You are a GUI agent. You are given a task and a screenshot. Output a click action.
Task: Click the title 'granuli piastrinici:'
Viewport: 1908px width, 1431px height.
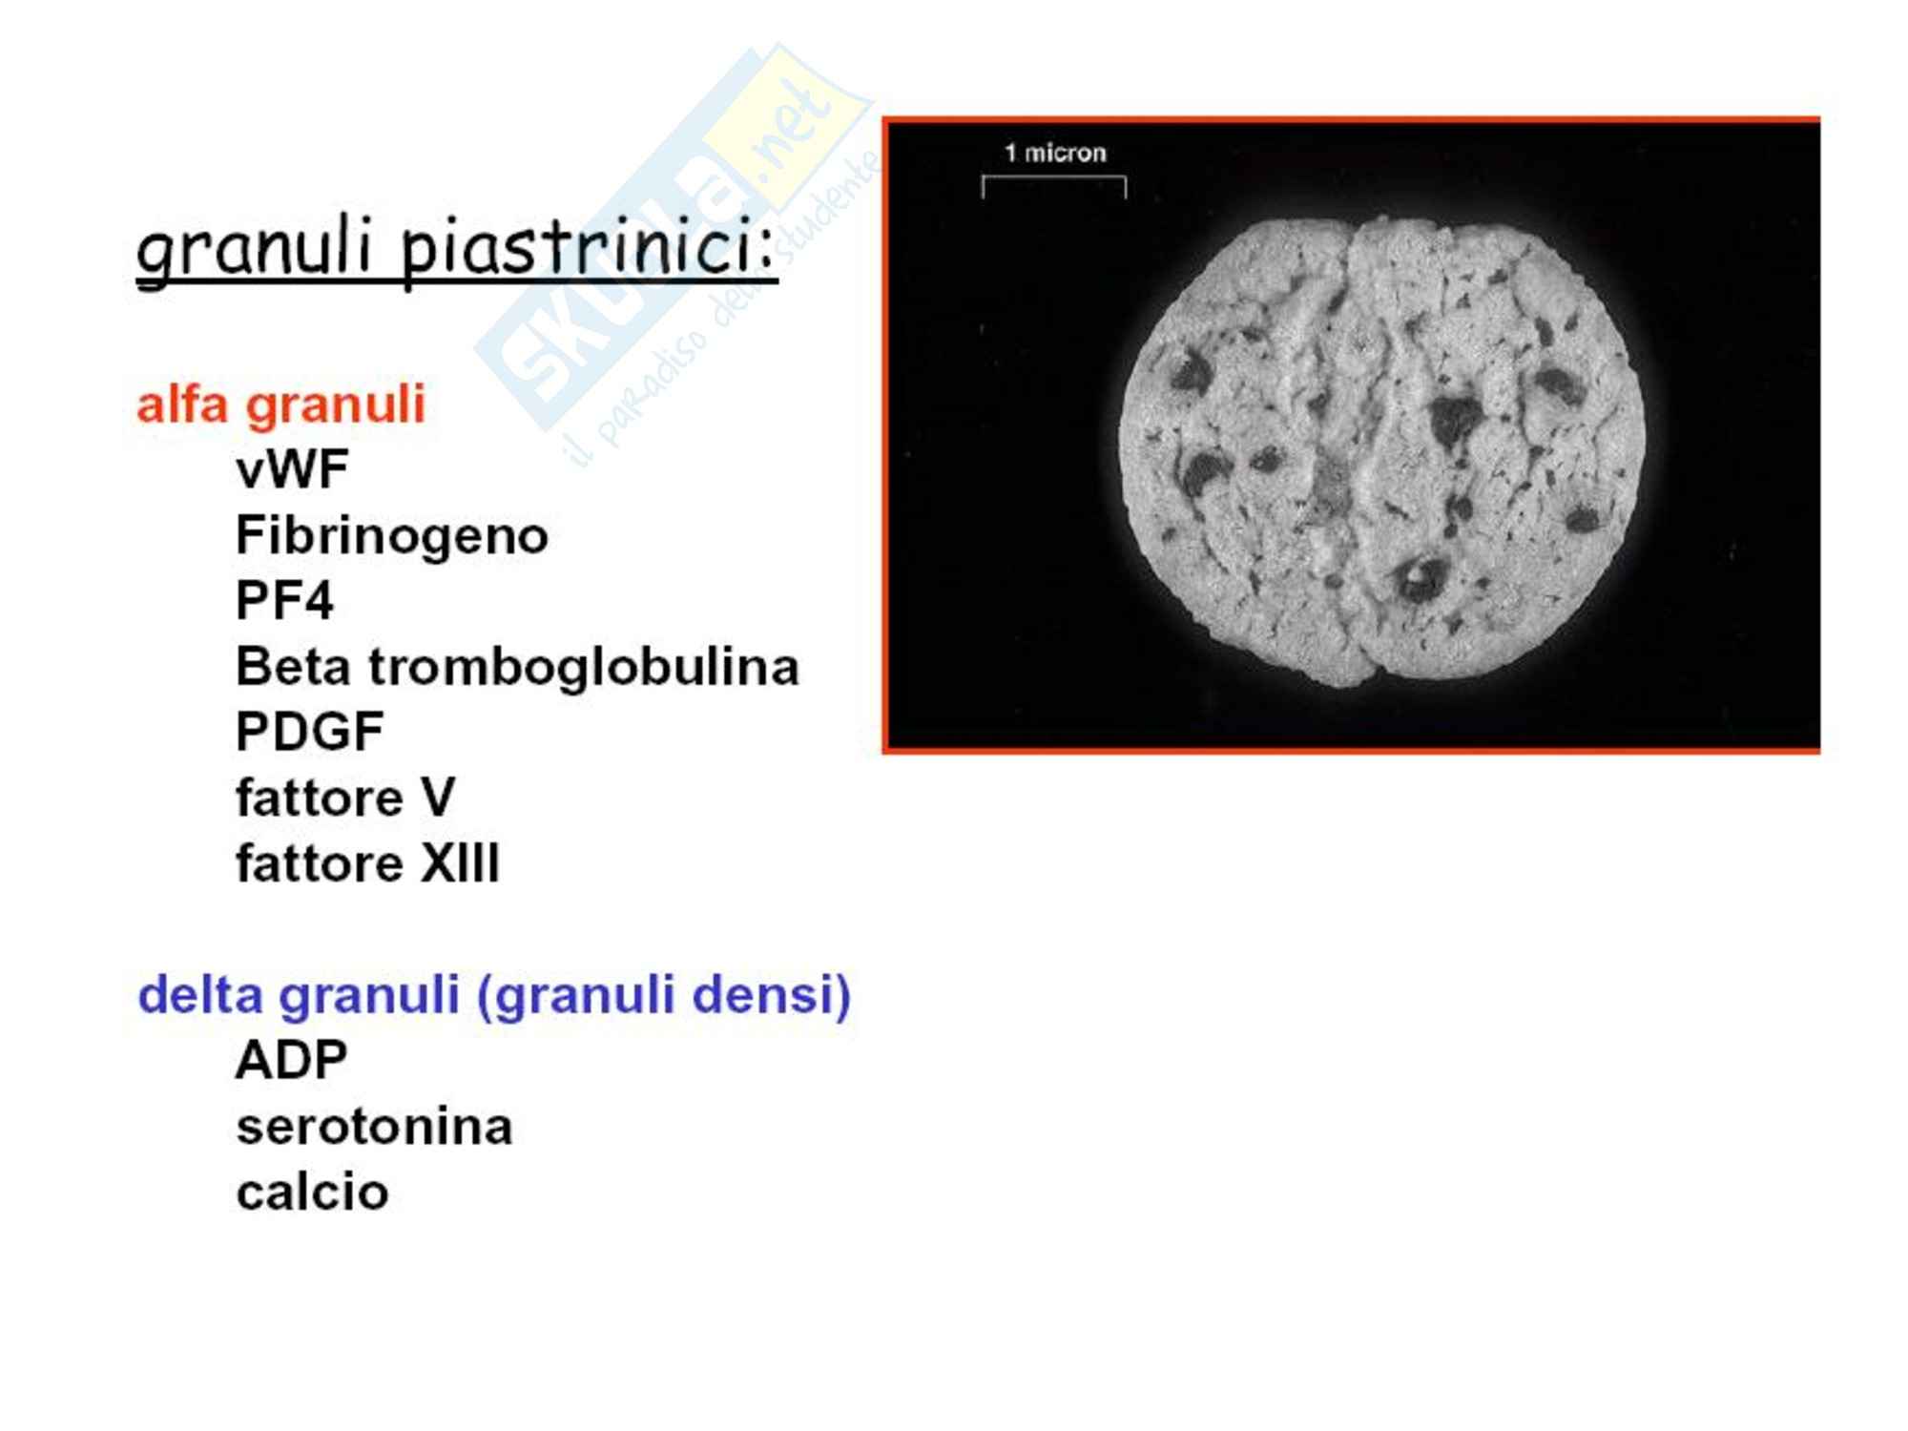pyautogui.click(x=456, y=250)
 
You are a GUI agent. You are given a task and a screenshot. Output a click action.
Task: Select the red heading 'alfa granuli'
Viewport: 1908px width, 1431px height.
pyautogui.click(x=280, y=404)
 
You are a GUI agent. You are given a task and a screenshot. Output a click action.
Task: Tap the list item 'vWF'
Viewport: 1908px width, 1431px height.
pyautogui.click(x=292, y=469)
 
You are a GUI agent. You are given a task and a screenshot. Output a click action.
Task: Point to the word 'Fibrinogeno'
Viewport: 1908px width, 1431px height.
pyautogui.click(x=391, y=536)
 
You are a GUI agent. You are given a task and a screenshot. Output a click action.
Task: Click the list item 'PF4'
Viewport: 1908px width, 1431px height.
pyautogui.click(x=284, y=600)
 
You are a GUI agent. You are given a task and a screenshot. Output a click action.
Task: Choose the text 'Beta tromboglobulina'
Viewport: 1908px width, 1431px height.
pyautogui.click(x=517, y=666)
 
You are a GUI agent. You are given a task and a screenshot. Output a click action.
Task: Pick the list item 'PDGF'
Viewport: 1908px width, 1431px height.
pyautogui.click(x=309, y=732)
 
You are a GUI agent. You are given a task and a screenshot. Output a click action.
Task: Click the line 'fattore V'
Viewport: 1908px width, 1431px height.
pyautogui.click(x=345, y=798)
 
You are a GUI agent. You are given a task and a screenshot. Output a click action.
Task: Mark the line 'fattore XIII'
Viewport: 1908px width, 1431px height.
pyautogui.click(x=367, y=863)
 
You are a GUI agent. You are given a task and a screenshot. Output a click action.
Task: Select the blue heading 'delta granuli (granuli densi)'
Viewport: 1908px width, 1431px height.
pyautogui.click(x=494, y=995)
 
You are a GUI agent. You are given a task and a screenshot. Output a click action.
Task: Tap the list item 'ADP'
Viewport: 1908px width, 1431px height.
pyautogui.click(x=291, y=1060)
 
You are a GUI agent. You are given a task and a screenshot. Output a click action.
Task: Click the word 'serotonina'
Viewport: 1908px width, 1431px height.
pyautogui.click(x=374, y=1127)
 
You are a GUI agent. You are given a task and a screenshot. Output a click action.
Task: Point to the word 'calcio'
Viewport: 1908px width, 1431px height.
pyautogui.click(x=312, y=1192)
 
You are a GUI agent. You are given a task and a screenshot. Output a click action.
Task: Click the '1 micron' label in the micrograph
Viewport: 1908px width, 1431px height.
pyautogui.click(x=1055, y=153)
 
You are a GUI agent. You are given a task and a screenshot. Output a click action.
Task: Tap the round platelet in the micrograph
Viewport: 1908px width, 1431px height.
pyautogui.click(x=1380, y=451)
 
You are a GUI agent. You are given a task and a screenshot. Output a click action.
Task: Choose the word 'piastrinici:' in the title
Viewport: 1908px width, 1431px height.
pyautogui.click(x=589, y=252)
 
